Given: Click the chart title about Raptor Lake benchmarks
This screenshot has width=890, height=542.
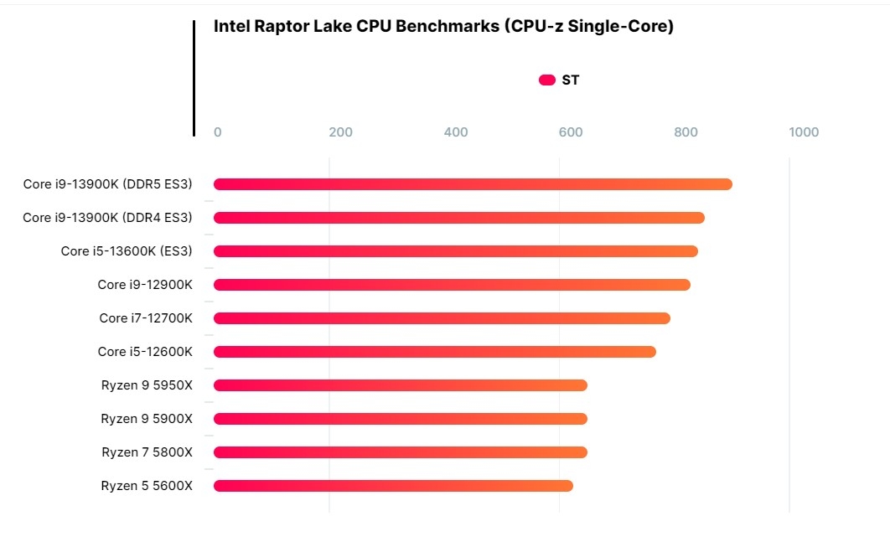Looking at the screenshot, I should coord(443,26).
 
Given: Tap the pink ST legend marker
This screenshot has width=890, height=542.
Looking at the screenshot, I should coord(547,80).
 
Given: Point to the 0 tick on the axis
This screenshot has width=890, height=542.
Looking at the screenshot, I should coord(218,132).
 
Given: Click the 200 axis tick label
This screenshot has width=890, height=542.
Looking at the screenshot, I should coord(340,132).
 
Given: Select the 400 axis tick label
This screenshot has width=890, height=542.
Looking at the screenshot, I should coord(455,132).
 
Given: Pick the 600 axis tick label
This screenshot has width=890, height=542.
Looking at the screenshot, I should coord(571,132).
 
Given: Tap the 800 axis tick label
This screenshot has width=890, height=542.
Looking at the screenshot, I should coord(686,132).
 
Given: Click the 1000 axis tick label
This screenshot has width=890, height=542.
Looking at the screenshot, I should coord(804,132).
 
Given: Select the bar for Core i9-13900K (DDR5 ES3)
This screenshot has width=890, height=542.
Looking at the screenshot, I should coord(473,184).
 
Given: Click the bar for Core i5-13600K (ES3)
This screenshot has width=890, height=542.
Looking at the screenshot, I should coord(455,251).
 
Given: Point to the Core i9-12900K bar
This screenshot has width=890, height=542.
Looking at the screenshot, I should coord(452,285).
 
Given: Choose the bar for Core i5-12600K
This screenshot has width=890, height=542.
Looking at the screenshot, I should coord(434,352).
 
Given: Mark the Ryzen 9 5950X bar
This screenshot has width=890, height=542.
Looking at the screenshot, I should coord(400,385).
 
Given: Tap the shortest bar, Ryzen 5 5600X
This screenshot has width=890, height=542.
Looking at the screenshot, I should coord(393,486).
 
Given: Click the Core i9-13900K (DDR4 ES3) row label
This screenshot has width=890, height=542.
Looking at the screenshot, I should coord(107,218).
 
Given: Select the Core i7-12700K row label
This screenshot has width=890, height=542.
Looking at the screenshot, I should coord(146,318).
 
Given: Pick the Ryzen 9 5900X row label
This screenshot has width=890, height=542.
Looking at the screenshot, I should coord(147,419).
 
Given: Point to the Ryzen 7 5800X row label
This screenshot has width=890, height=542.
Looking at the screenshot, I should coord(147,452).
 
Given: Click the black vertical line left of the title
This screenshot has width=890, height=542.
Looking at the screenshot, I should coord(194,78).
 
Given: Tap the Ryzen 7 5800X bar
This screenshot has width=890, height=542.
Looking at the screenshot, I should coord(400,452).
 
